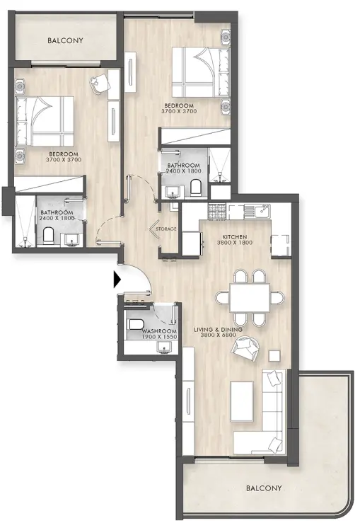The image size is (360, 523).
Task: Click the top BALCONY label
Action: (65, 41)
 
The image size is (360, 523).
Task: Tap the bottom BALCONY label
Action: (264, 488)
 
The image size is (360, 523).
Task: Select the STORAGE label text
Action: (167, 229)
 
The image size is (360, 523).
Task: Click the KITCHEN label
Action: (236, 237)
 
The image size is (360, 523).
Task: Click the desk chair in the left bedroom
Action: (98, 83)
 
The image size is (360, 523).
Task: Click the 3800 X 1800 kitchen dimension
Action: (236, 243)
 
